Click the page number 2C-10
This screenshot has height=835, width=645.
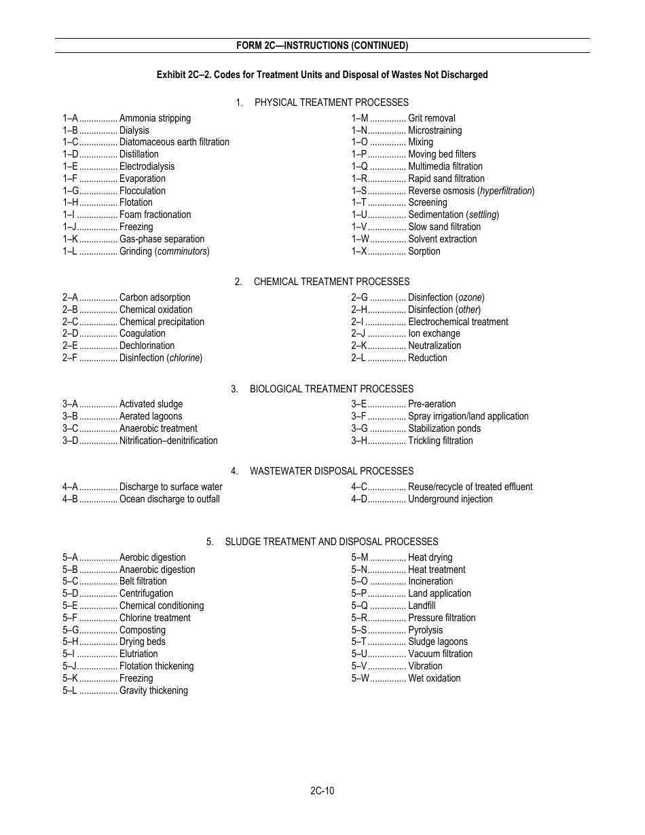point(322,790)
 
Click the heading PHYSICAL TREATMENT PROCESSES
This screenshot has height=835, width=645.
point(331,103)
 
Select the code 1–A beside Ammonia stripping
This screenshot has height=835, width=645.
point(71,118)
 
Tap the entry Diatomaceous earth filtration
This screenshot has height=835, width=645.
point(174,143)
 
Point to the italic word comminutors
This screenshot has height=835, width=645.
point(183,251)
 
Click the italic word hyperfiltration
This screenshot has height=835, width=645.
point(506,191)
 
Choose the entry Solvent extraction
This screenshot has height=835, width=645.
point(442,239)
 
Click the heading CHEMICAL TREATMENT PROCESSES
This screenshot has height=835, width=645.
point(331,282)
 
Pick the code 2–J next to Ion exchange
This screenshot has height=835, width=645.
point(358,333)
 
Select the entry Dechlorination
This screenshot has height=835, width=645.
point(147,346)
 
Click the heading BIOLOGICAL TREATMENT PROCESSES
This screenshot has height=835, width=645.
point(331,389)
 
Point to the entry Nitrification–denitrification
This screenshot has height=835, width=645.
point(168,441)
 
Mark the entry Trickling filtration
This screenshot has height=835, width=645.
point(440,441)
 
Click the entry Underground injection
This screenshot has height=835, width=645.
point(450,499)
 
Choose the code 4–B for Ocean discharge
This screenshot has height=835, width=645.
point(71,499)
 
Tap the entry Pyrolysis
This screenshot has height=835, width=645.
point(425,630)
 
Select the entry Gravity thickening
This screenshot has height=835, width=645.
point(153,690)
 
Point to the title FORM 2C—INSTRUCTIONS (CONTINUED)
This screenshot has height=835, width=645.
point(322,45)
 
